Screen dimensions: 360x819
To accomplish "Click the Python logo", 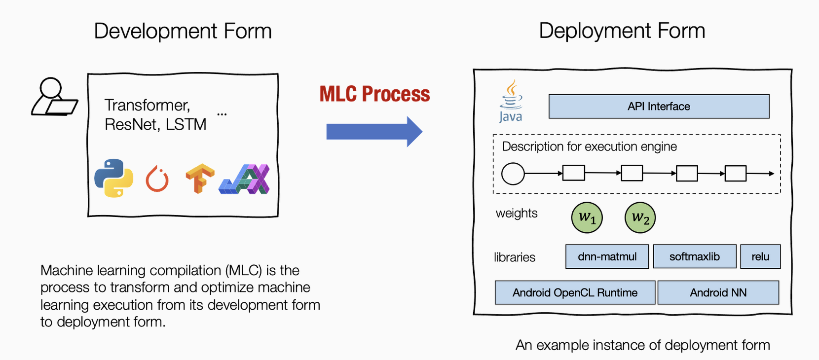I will click(114, 178).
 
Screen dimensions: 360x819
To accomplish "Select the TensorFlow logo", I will click(199, 178).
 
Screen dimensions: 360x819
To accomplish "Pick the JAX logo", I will click(245, 179).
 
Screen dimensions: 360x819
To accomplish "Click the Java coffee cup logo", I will click(511, 102).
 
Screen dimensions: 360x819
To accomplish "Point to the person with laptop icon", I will click(54, 97).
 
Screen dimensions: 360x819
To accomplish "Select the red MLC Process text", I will click(374, 94).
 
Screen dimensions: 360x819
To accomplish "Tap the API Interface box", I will click(659, 107).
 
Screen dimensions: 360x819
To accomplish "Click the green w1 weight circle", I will click(587, 217).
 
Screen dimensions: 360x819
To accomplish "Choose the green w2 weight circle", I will click(640, 217).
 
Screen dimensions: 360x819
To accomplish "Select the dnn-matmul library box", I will click(607, 256).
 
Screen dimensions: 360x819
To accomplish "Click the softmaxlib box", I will click(694, 256).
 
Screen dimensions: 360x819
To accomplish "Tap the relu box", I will click(760, 256).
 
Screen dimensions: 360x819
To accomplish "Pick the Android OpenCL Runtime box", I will click(575, 292).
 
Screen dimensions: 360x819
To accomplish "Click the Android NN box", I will click(718, 292).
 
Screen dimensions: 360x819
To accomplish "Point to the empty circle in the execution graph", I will click(513, 174).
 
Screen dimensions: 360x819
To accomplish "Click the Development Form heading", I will click(183, 31).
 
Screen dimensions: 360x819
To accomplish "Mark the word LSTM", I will click(186, 124).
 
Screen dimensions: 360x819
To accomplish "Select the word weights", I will click(517, 213).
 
